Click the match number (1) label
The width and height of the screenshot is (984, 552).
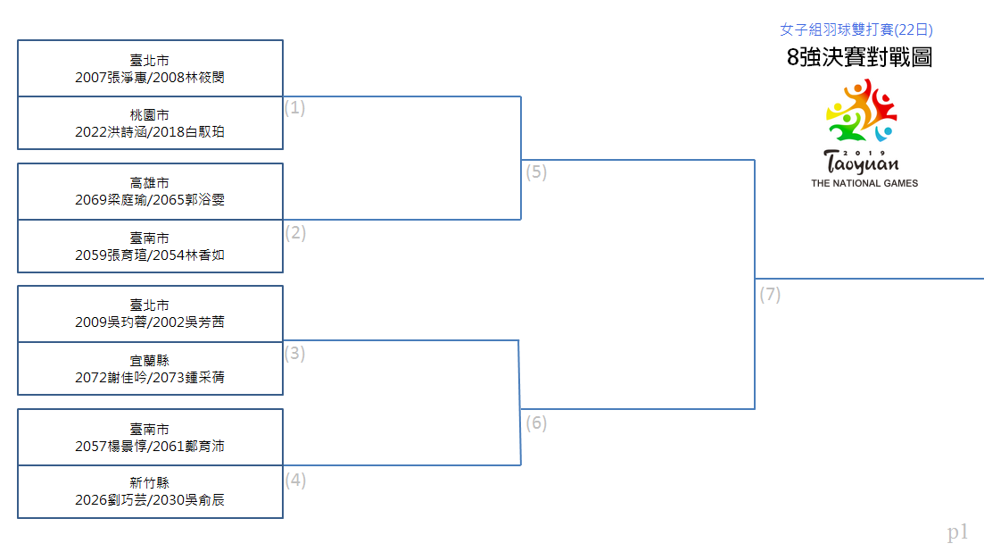[294, 108]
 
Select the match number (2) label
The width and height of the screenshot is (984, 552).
[295, 233]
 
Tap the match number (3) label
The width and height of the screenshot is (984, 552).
[294, 354]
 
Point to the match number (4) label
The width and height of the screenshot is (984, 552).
[295, 481]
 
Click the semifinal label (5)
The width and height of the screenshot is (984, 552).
[536, 172]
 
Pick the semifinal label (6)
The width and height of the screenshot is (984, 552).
[536, 423]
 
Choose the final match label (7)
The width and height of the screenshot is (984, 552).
[770, 295]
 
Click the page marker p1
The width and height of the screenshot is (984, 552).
[957, 532]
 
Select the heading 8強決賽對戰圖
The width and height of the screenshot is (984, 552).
[859, 57]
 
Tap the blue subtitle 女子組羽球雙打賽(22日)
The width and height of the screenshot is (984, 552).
[856, 29]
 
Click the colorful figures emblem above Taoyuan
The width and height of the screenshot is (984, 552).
[862, 110]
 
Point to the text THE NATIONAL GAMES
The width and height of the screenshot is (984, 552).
[864, 183]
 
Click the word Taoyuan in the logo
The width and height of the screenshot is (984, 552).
[861, 163]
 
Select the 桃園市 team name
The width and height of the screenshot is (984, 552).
[149, 115]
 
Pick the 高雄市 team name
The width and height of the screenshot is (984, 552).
[149, 183]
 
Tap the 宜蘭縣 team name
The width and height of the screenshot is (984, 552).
[149, 361]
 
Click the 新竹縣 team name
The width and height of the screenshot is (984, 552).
[149, 483]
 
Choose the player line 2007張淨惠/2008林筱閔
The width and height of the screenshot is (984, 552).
[149, 77]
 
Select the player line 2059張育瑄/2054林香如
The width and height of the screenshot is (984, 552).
[149, 255]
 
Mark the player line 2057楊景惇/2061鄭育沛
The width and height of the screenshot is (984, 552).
[149, 447]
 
